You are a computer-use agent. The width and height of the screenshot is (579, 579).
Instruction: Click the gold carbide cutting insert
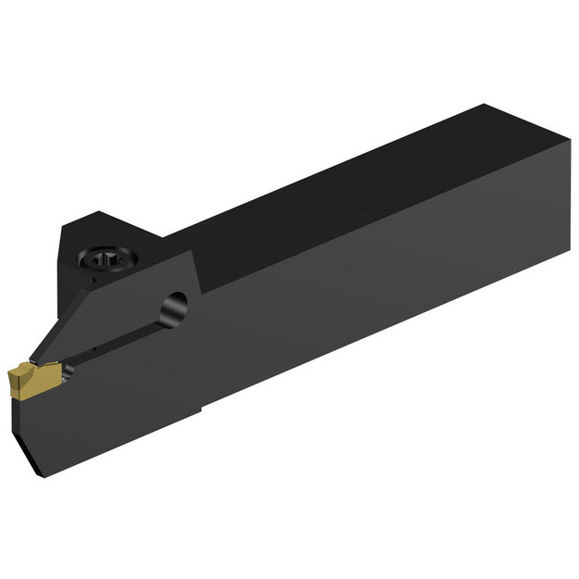click(x=31, y=378)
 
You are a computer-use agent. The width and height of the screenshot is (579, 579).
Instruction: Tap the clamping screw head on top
click(x=105, y=260)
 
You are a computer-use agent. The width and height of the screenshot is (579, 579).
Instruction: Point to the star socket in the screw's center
click(x=105, y=260)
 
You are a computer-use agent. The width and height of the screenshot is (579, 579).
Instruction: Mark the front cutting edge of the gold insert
click(x=12, y=379)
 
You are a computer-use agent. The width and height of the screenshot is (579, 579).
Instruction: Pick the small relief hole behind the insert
click(x=67, y=372)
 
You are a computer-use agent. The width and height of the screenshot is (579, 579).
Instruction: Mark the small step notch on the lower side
click(x=203, y=407)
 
